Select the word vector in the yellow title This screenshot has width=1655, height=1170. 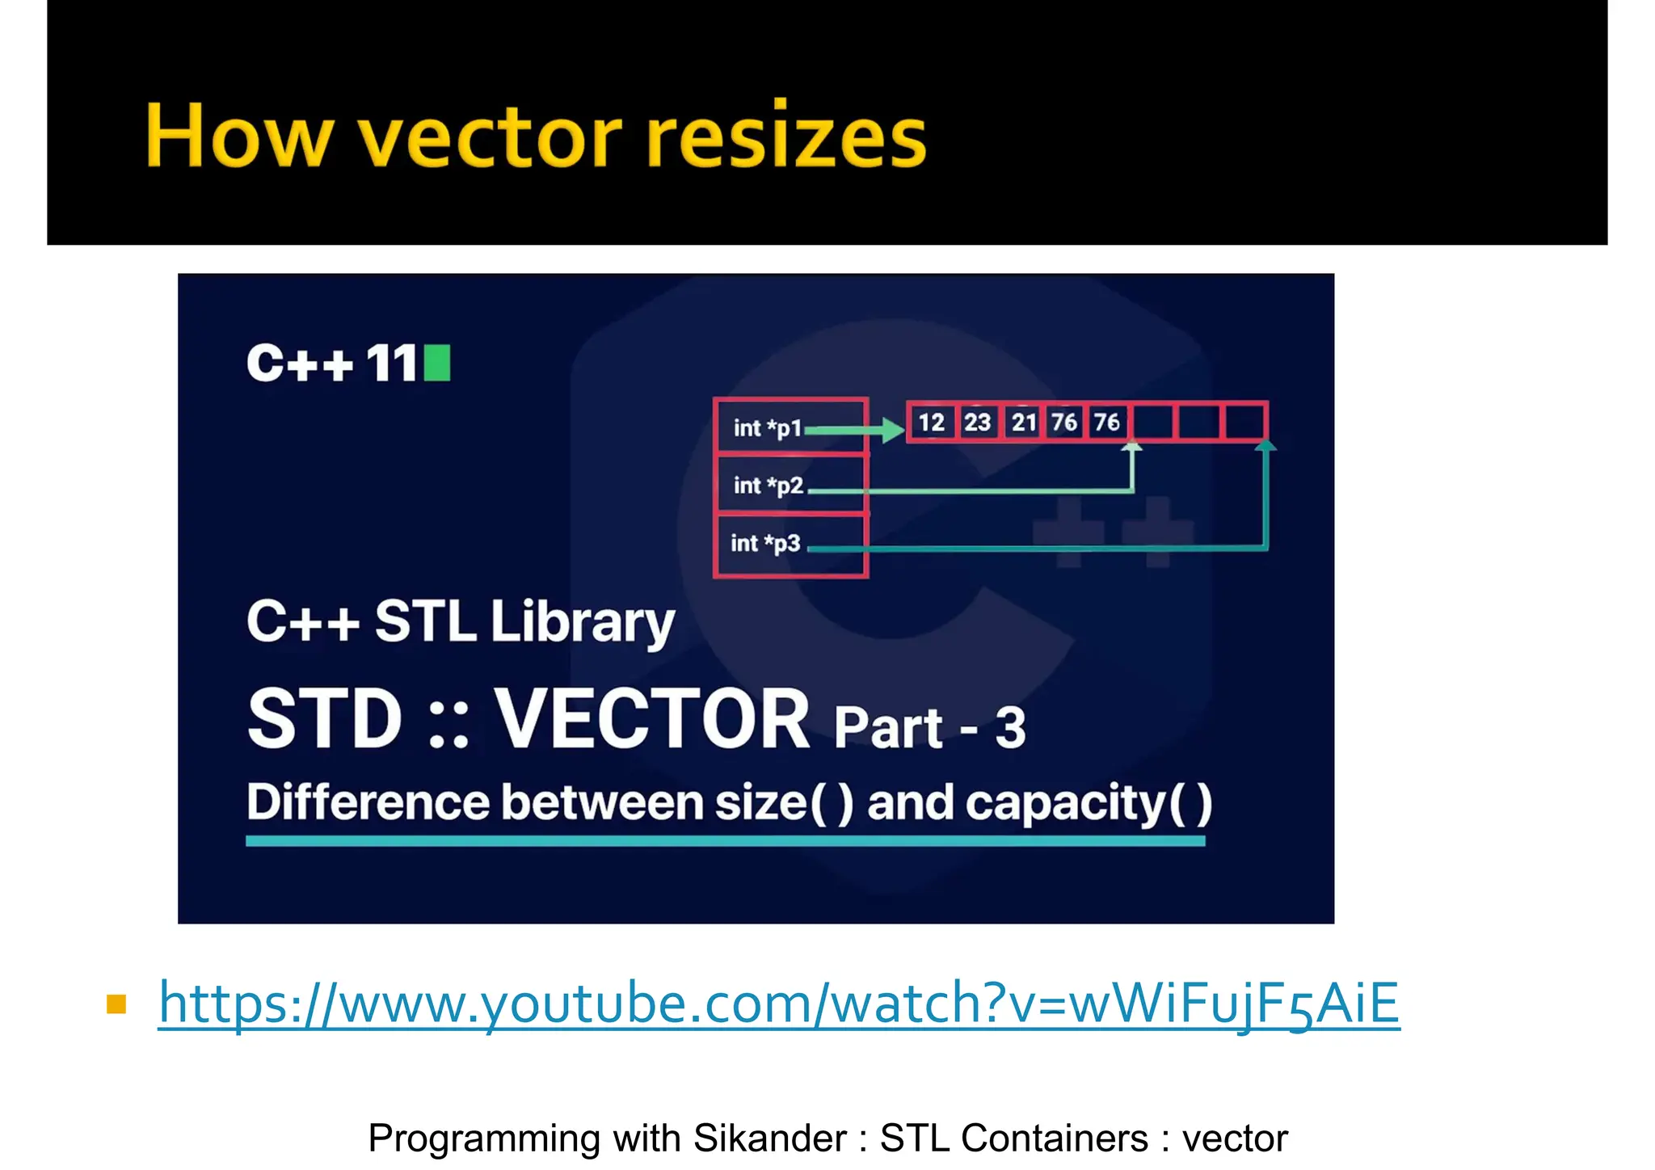coord(490,137)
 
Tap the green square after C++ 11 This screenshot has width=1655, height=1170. coord(437,363)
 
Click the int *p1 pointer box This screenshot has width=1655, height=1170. coord(790,426)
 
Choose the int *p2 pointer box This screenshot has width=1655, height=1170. coord(790,485)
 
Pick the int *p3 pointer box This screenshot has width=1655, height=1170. coord(790,544)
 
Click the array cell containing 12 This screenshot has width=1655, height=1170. coord(931,422)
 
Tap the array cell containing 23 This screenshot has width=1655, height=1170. coord(977,422)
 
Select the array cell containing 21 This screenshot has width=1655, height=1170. coord(1023,422)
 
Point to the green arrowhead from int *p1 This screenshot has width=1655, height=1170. coord(892,429)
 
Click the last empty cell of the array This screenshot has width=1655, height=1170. coord(1244,422)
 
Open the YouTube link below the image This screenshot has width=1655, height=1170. coord(778,1003)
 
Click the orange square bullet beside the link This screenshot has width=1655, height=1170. coord(116,1004)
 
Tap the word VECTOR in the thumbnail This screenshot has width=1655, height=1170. coord(651,718)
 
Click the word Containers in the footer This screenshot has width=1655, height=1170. coord(1054,1138)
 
